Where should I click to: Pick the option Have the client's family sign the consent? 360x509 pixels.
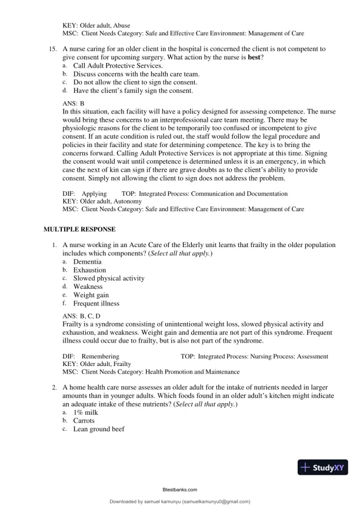point(133,91)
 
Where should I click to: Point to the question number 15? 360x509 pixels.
point(52,49)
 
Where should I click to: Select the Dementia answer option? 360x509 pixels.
point(87,261)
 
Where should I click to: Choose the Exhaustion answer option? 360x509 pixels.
point(89,270)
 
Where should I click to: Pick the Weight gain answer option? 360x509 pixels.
point(91,295)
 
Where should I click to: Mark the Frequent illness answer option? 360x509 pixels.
point(96,304)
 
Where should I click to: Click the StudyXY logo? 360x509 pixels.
point(322,468)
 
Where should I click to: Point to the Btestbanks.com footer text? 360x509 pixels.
point(179,489)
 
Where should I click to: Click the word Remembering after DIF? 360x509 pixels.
point(100,357)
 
